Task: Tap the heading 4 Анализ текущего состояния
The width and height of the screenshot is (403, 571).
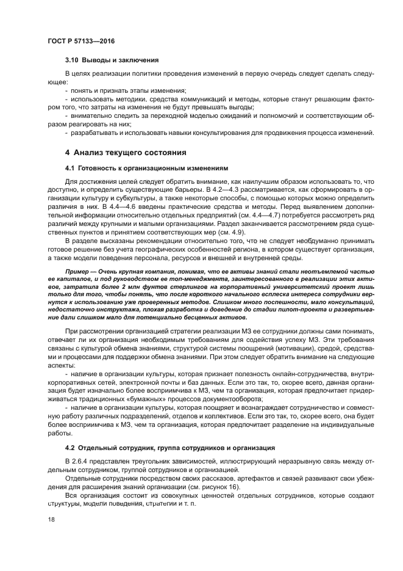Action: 126,152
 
